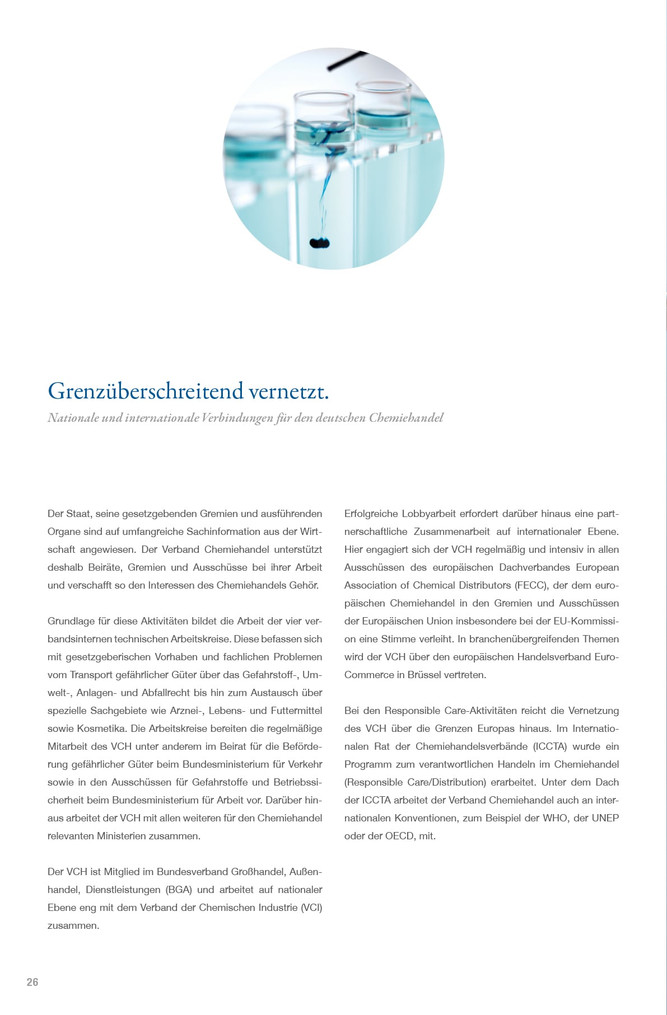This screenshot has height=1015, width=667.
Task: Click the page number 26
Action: click(32, 982)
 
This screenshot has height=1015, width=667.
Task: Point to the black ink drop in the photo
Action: click(320, 243)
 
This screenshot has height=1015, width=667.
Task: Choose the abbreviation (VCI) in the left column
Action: click(311, 908)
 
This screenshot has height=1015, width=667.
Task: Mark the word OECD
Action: click(400, 836)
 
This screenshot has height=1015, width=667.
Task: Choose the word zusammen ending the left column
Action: click(72, 925)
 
